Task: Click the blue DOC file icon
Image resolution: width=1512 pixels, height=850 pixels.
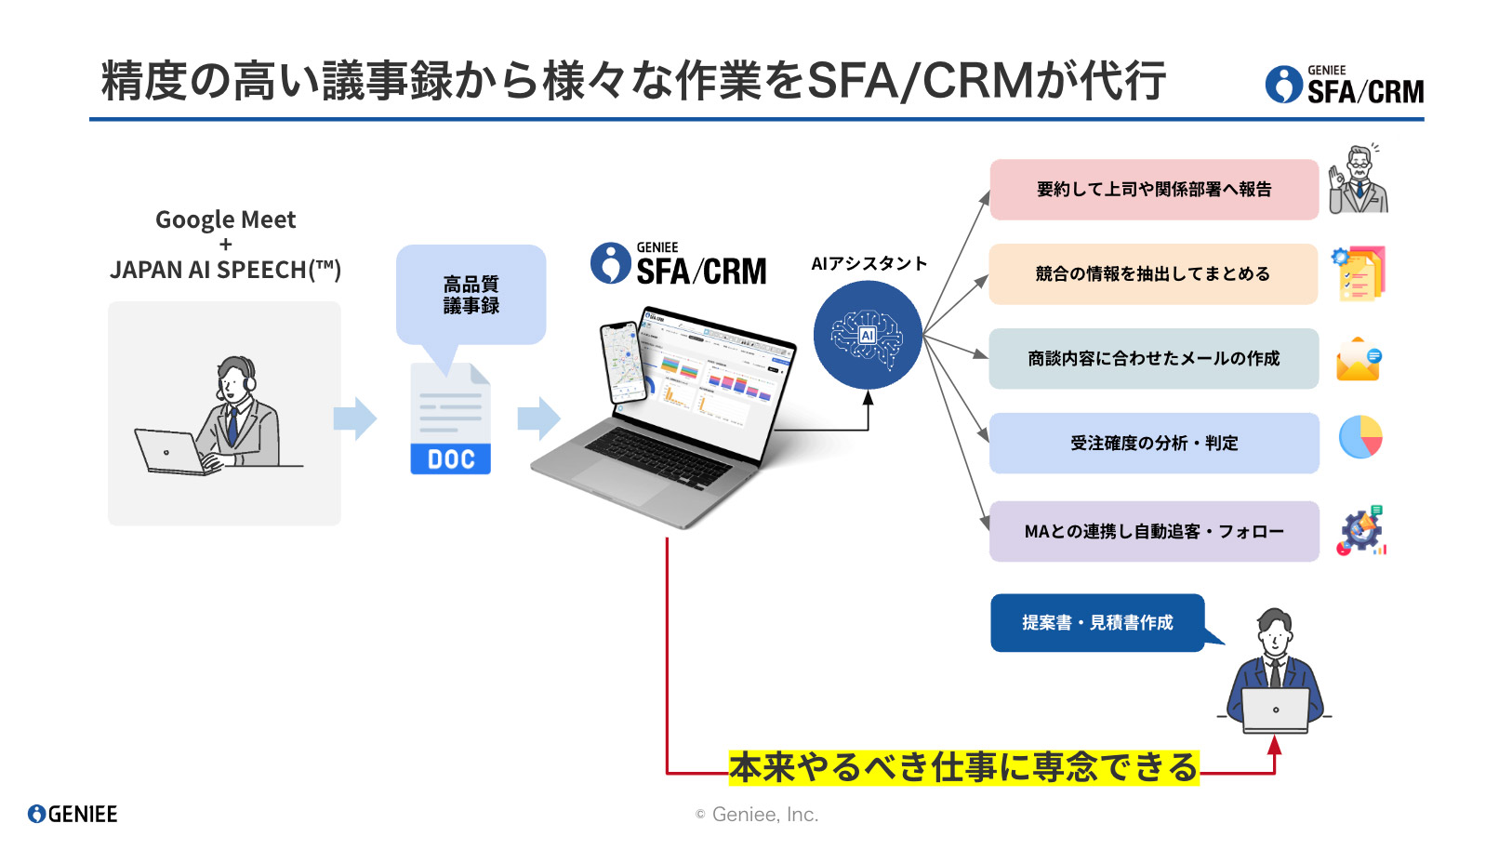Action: [451, 420]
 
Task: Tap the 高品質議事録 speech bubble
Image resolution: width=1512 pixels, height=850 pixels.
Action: [471, 294]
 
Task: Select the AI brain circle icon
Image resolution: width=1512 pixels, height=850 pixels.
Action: [868, 335]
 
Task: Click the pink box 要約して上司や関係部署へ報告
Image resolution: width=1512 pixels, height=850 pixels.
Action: [1153, 190]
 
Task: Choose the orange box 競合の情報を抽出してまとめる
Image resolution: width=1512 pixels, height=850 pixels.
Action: [1153, 274]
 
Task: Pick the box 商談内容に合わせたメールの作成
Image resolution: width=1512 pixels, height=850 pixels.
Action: [1153, 359]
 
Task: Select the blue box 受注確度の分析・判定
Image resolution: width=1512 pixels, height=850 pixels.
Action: [1153, 444]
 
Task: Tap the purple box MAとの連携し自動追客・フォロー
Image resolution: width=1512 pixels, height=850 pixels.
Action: [1153, 532]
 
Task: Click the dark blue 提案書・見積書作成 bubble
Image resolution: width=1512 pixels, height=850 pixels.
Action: [1097, 623]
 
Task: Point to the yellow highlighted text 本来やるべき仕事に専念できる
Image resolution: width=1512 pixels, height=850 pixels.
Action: [963, 768]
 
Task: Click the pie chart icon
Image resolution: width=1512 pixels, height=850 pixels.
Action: [1360, 437]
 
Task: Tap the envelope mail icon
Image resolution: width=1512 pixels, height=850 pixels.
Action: [1359, 360]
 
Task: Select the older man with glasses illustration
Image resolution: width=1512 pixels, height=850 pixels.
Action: [1359, 180]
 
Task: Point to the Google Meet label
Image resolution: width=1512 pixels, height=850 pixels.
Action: [225, 220]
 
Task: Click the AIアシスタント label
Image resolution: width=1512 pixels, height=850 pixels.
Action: [869, 264]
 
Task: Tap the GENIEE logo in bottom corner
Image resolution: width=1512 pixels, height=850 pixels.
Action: [73, 815]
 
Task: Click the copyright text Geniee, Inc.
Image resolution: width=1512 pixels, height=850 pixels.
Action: [757, 815]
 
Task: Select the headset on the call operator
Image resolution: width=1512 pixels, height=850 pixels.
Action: [247, 378]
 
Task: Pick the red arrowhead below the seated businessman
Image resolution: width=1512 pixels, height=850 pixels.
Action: [1274, 745]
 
